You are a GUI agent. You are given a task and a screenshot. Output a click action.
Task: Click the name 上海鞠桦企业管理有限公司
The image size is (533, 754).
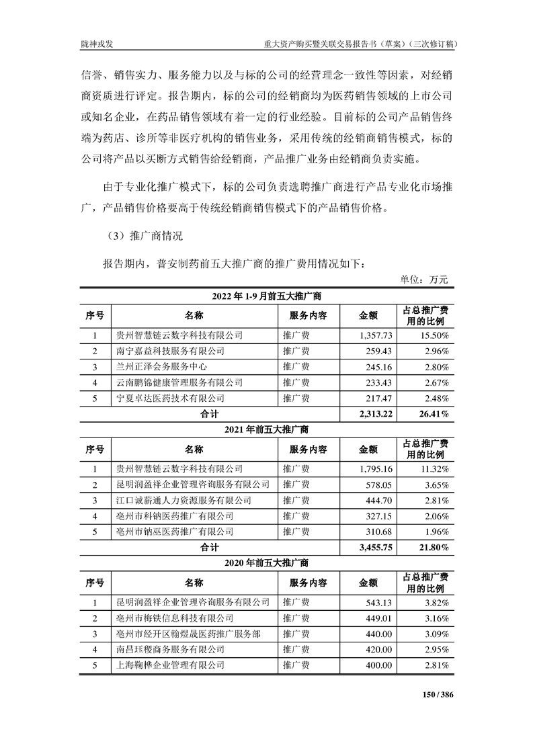tap(170, 665)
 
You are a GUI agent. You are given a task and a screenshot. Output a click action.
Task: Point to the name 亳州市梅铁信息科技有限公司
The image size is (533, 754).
tap(175, 618)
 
